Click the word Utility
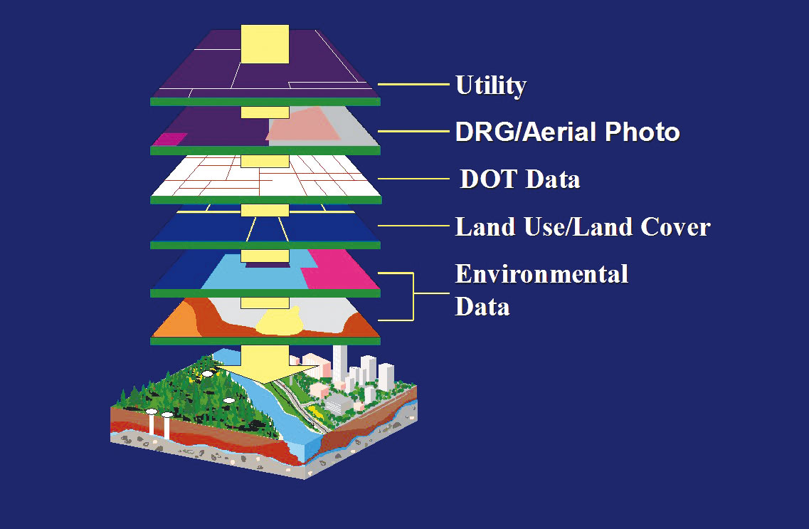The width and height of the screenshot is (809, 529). (x=491, y=85)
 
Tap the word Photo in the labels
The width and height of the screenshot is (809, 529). (x=643, y=132)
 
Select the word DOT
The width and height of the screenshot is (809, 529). (x=488, y=179)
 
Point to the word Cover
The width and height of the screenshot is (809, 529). (x=675, y=226)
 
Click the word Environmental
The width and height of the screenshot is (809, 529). (x=541, y=273)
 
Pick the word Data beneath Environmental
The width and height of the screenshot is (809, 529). (x=482, y=307)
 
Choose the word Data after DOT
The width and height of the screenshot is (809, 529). (x=553, y=179)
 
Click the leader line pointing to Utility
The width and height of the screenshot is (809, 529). (x=414, y=84)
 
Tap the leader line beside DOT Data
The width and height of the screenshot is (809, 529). (x=414, y=179)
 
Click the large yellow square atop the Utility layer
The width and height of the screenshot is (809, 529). (x=265, y=44)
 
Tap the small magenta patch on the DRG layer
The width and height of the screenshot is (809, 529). (x=170, y=139)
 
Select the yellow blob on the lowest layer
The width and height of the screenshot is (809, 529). (x=280, y=322)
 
